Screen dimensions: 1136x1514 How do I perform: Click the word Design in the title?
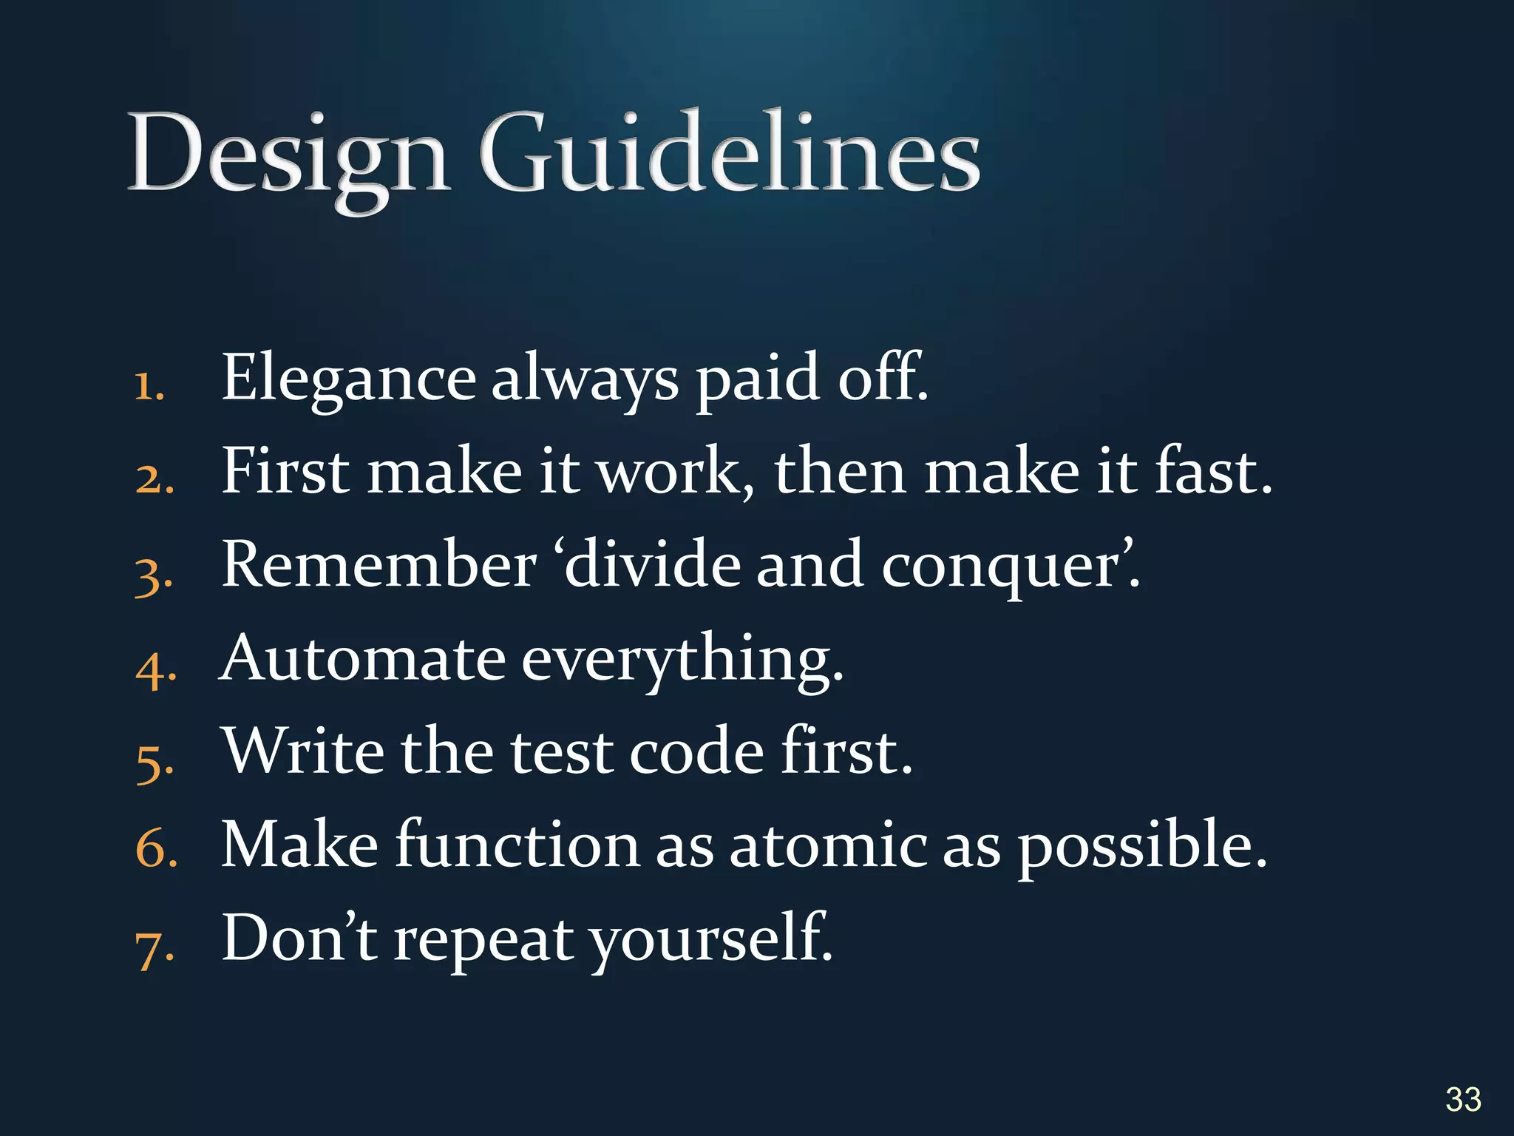tap(288, 155)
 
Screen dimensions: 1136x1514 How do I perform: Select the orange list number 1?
tap(148, 386)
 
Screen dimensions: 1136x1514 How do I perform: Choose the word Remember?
tap(378, 565)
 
